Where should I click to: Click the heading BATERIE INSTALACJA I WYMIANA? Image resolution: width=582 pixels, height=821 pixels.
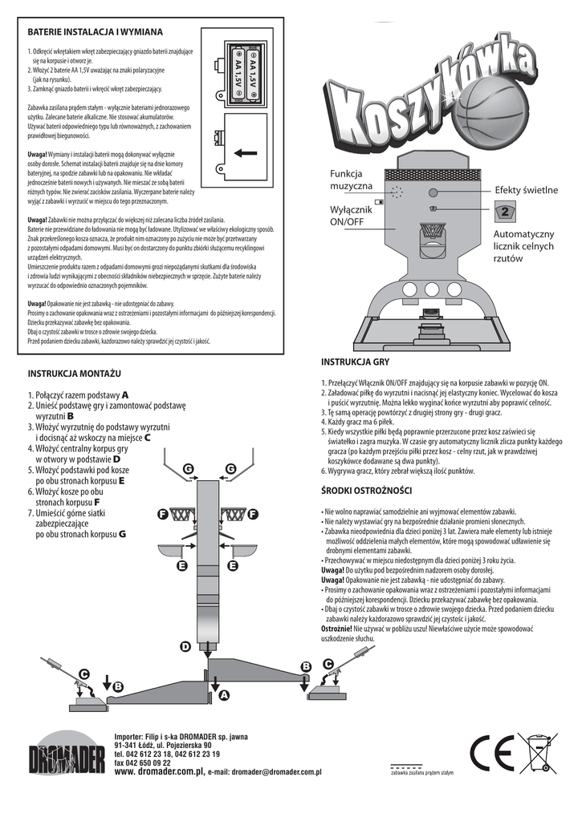click(96, 31)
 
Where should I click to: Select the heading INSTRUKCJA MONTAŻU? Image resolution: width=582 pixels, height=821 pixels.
click(75, 374)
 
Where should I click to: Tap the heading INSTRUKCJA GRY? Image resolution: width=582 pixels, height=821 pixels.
click(355, 362)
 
